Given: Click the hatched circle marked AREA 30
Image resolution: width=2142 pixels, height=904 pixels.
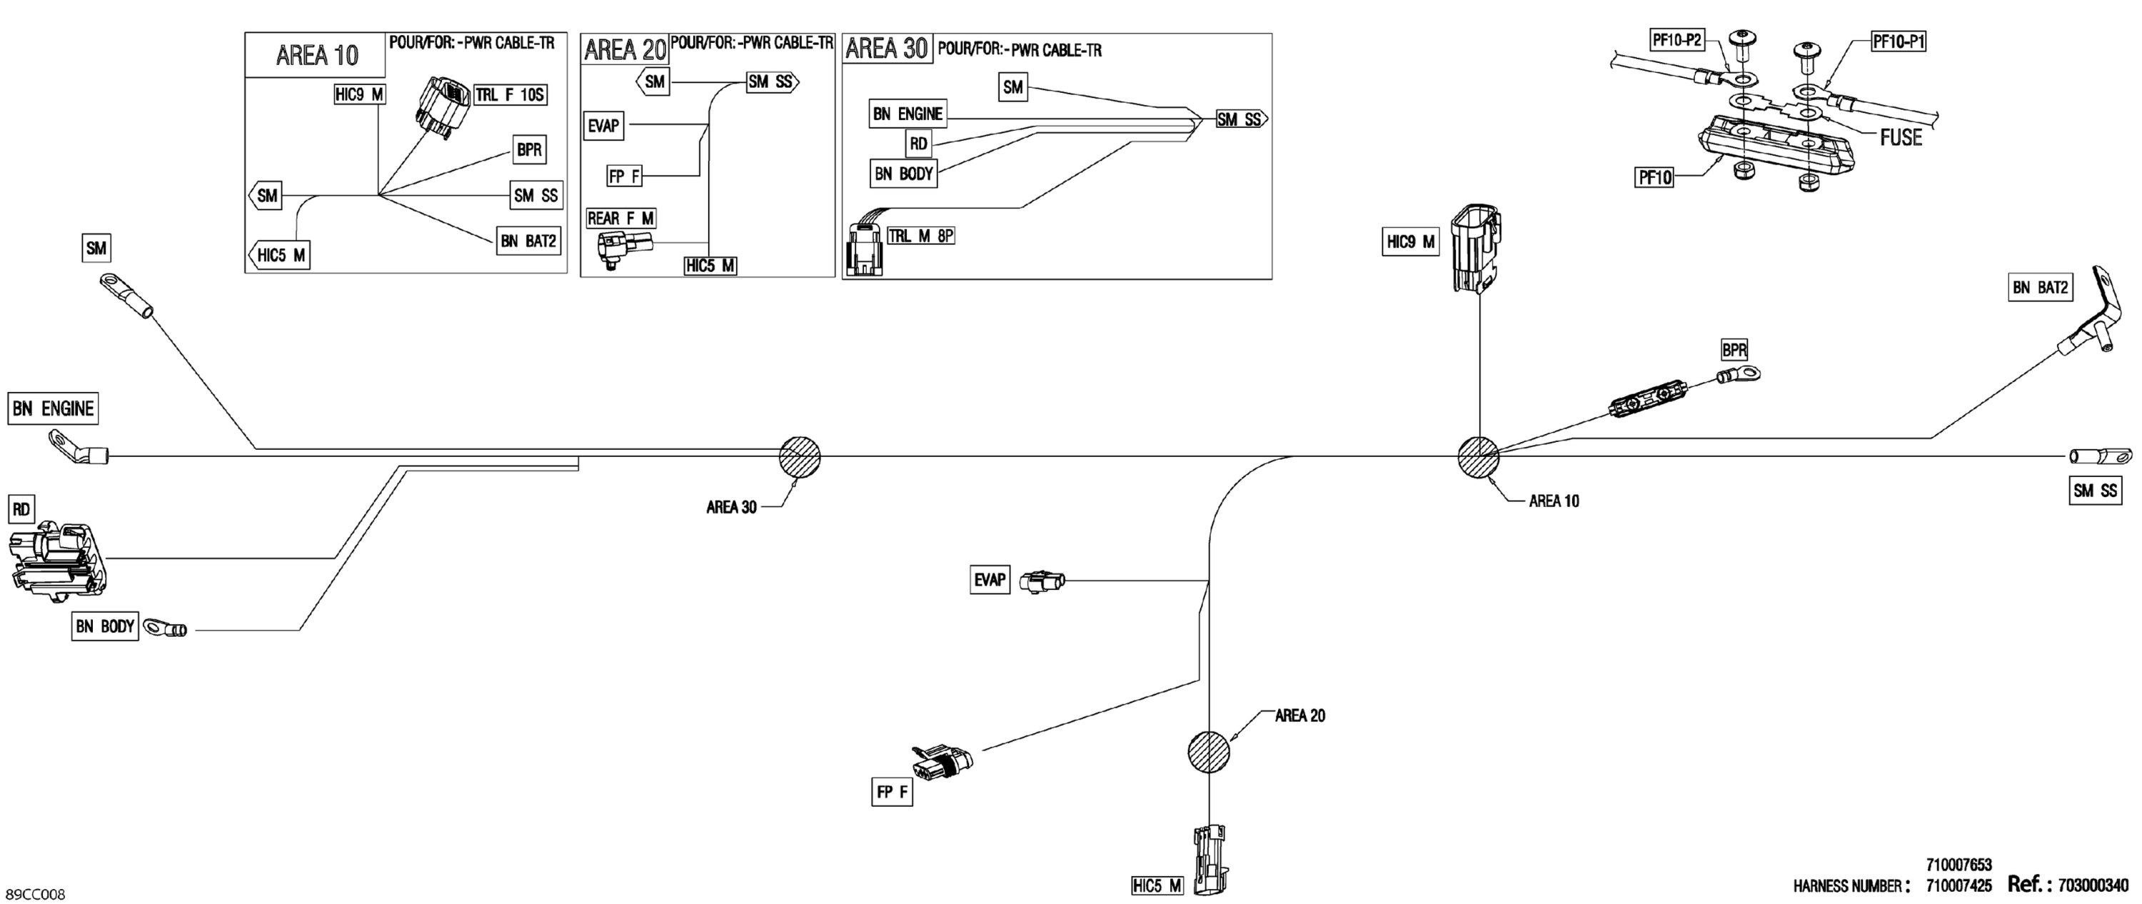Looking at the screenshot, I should point(799,456).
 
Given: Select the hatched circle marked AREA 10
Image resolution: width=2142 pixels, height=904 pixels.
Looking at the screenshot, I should point(1479,456).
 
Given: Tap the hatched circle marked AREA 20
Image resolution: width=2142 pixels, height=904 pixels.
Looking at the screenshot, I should point(1208,752).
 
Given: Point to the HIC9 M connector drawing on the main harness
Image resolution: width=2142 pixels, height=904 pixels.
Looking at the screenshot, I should point(1476,247).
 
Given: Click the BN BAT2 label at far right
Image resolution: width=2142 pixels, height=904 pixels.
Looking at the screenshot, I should point(2040,288).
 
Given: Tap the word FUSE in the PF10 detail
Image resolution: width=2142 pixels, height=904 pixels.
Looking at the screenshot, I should point(1901,138).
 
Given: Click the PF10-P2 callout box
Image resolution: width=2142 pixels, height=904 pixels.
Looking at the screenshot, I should point(1676,39).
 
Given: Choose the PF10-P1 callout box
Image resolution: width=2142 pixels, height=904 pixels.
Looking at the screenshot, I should point(1899,41).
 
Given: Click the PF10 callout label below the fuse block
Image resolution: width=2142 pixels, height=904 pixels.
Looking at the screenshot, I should point(1654,177).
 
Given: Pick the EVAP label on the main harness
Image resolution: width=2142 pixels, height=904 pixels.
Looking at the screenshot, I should point(990,580).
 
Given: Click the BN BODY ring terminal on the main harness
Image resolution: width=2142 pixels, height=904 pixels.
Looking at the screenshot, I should point(166,628).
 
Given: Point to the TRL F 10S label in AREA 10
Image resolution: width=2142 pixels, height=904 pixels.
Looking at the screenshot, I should point(510,95).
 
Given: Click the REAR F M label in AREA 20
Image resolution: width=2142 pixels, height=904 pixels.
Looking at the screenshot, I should point(620,218).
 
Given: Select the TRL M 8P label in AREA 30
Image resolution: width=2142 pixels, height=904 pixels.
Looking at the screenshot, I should point(920,236).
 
